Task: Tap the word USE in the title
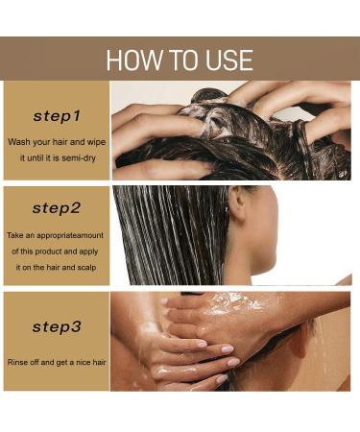click(227, 60)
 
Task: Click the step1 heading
click(57, 116)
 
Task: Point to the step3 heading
click(57, 327)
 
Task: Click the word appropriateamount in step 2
click(67, 234)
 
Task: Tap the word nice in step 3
click(82, 362)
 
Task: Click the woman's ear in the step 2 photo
click(237, 204)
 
